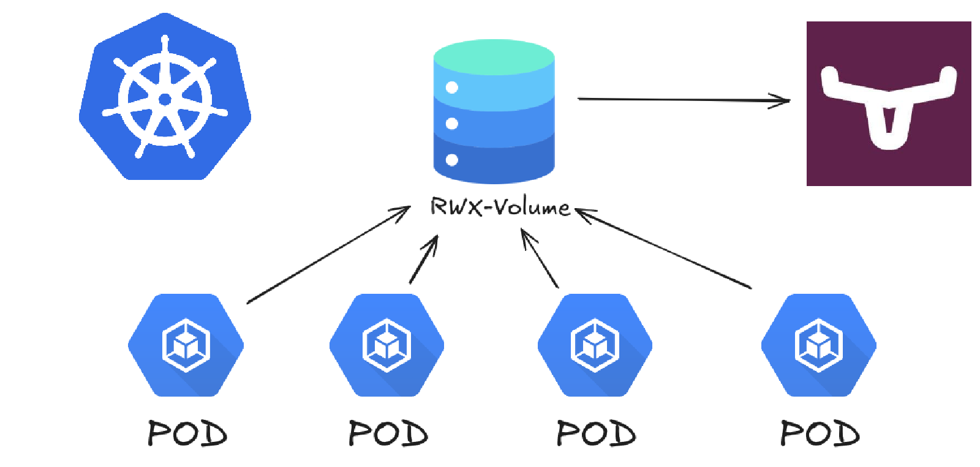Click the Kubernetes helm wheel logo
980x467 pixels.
(x=165, y=98)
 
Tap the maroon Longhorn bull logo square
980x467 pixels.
(x=888, y=103)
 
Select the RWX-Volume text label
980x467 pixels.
(x=500, y=207)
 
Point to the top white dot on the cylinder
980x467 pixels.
(x=452, y=88)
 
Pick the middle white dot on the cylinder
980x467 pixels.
(x=452, y=124)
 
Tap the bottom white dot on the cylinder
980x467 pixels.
(x=452, y=160)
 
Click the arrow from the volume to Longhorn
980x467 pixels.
(x=683, y=99)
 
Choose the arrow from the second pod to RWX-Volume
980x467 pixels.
(x=424, y=260)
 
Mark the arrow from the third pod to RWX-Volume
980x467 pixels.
(x=540, y=258)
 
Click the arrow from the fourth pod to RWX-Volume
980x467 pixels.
(x=665, y=248)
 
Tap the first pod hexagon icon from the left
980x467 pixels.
(x=186, y=345)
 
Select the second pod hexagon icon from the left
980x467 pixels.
(x=386, y=345)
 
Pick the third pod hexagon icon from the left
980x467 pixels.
(x=595, y=345)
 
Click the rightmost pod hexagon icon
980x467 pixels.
(x=818, y=345)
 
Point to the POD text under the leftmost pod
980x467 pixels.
(x=187, y=433)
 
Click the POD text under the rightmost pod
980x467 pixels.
(x=820, y=433)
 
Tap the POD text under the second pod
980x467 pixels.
(x=388, y=433)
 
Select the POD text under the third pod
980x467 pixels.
(x=595, y=433)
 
